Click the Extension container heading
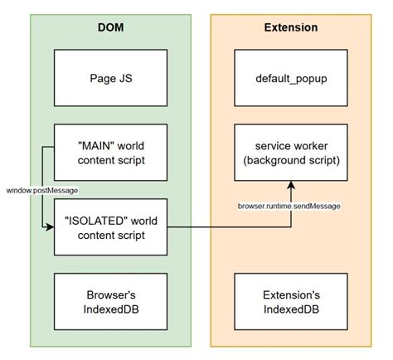290,27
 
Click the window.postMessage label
41,191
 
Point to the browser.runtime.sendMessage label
290,205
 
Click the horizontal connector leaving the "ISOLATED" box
224,226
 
